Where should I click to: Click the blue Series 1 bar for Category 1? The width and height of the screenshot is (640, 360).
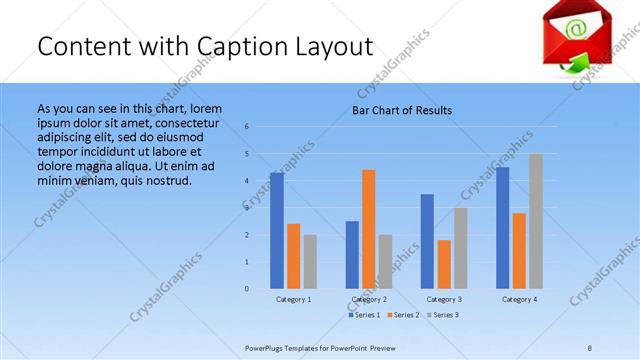[x=277, y=231]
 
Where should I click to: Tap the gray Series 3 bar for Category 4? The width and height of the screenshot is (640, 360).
[x=536, y=221]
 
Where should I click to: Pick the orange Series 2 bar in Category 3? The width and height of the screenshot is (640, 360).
[x=444, y=264]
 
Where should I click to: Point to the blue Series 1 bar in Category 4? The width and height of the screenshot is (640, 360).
[x=502, y=228]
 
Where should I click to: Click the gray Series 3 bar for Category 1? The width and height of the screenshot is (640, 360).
[x=310, y=262]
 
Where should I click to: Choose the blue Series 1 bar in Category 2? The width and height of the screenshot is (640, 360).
[x=352, y=255]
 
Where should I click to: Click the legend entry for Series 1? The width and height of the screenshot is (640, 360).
[x=363, y=315]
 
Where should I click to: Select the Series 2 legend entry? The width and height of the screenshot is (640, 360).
[x=402, y=315]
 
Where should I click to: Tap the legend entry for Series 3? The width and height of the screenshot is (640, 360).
[x=442, y=315]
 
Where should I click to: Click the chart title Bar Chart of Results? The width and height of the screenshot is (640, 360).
[x=402, y=110]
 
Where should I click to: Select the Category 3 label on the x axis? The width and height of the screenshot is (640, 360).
[x=444, y=299]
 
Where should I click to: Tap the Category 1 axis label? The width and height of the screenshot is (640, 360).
[x=293, y=299]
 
